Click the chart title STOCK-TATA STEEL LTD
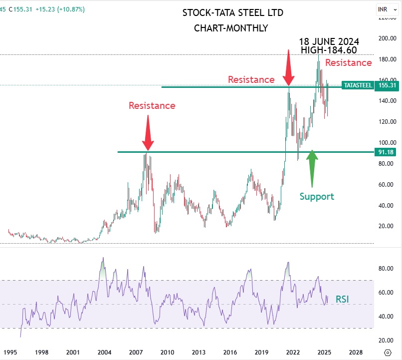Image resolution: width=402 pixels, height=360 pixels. pyautogui.click(x=230, y=13)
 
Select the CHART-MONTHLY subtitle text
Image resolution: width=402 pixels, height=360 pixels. pyautogui.click(x=230, y=28)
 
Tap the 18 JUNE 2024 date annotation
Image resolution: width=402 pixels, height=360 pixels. pyautogui.click(x=329, y=41)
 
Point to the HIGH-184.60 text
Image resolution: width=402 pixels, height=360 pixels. pyautogui.click(x=329, y=50)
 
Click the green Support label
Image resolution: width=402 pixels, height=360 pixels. pyautogui.click(x=317, y=196)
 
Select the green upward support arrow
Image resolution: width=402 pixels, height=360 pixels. pyautogui.click(x=312, y=167)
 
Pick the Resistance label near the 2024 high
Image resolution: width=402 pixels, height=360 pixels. pyautogui.click(x=349, y=62)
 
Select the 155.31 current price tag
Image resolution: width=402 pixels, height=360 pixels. pyautogui.click(x=387, y=85)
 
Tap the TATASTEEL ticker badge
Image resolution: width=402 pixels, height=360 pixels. pyautogui.click(x=358, y=85)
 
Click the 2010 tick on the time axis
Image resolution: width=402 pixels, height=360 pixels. pyautogui.click(x=167, y=351)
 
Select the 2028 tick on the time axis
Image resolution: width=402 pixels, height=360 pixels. pyautogui.click(x=356, y=351)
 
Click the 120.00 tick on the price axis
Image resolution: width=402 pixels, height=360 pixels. pyautogui.click(x=387, y=121)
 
